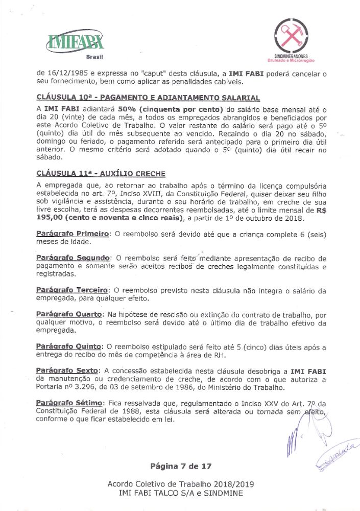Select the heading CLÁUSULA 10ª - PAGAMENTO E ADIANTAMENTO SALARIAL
point(148,98)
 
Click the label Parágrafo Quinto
point(69,346)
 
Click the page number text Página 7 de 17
point(180,466)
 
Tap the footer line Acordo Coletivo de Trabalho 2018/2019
point(180,484)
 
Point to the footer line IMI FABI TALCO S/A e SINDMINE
point(180,493)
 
